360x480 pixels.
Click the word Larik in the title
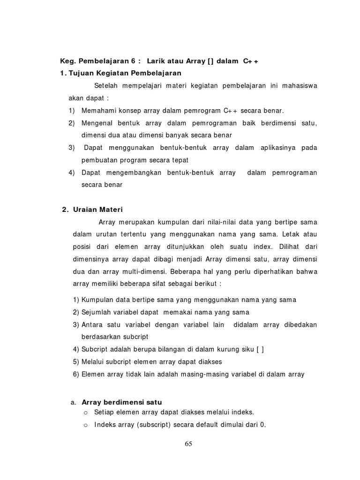155,61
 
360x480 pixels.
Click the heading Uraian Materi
97,210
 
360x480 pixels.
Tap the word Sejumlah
95,312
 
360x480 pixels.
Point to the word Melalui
92,362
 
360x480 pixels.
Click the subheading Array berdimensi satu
122,402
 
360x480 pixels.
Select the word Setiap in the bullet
104,412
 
